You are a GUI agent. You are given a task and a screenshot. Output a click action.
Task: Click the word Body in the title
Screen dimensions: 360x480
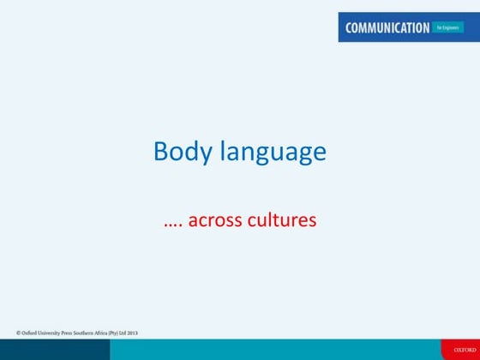click(x=181, y=152)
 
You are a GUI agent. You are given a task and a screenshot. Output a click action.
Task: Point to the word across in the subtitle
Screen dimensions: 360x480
click(x=216, y=220)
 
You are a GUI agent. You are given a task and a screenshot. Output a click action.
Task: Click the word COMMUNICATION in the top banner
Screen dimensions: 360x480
click(x=387, y=27)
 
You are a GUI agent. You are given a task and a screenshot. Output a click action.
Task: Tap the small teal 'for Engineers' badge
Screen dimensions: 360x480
click(x=449, y=27)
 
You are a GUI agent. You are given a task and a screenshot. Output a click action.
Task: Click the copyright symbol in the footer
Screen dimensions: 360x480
click(x=18, y=332)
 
